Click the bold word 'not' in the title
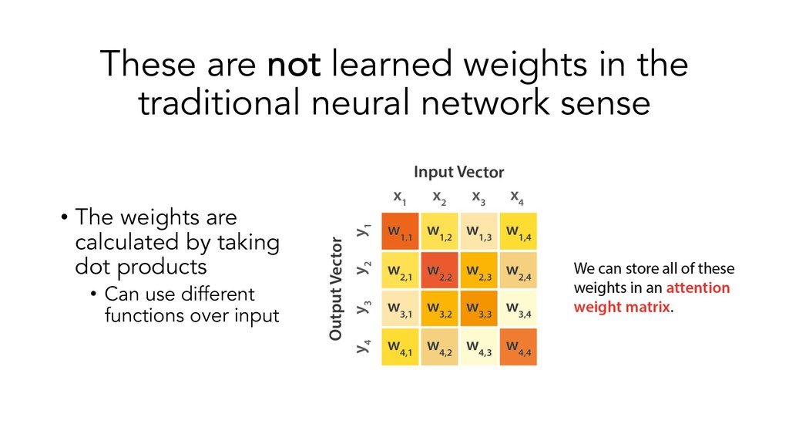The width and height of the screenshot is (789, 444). click(x=294, y=64)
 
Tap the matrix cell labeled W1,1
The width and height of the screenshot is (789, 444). click(x=400, y=230)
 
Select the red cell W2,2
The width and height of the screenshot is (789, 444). click(x=439, y=270)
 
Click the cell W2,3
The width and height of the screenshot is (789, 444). click(x=478, y=270)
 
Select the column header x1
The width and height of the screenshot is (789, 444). click(x=400, y=197)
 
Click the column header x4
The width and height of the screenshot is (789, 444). click(x=518, y=197)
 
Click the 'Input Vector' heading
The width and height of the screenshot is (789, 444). click(x=458, y=171)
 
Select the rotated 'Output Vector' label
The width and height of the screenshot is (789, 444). click(x=336, y=289)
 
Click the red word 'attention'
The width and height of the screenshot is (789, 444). click(x=698, y=288)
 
